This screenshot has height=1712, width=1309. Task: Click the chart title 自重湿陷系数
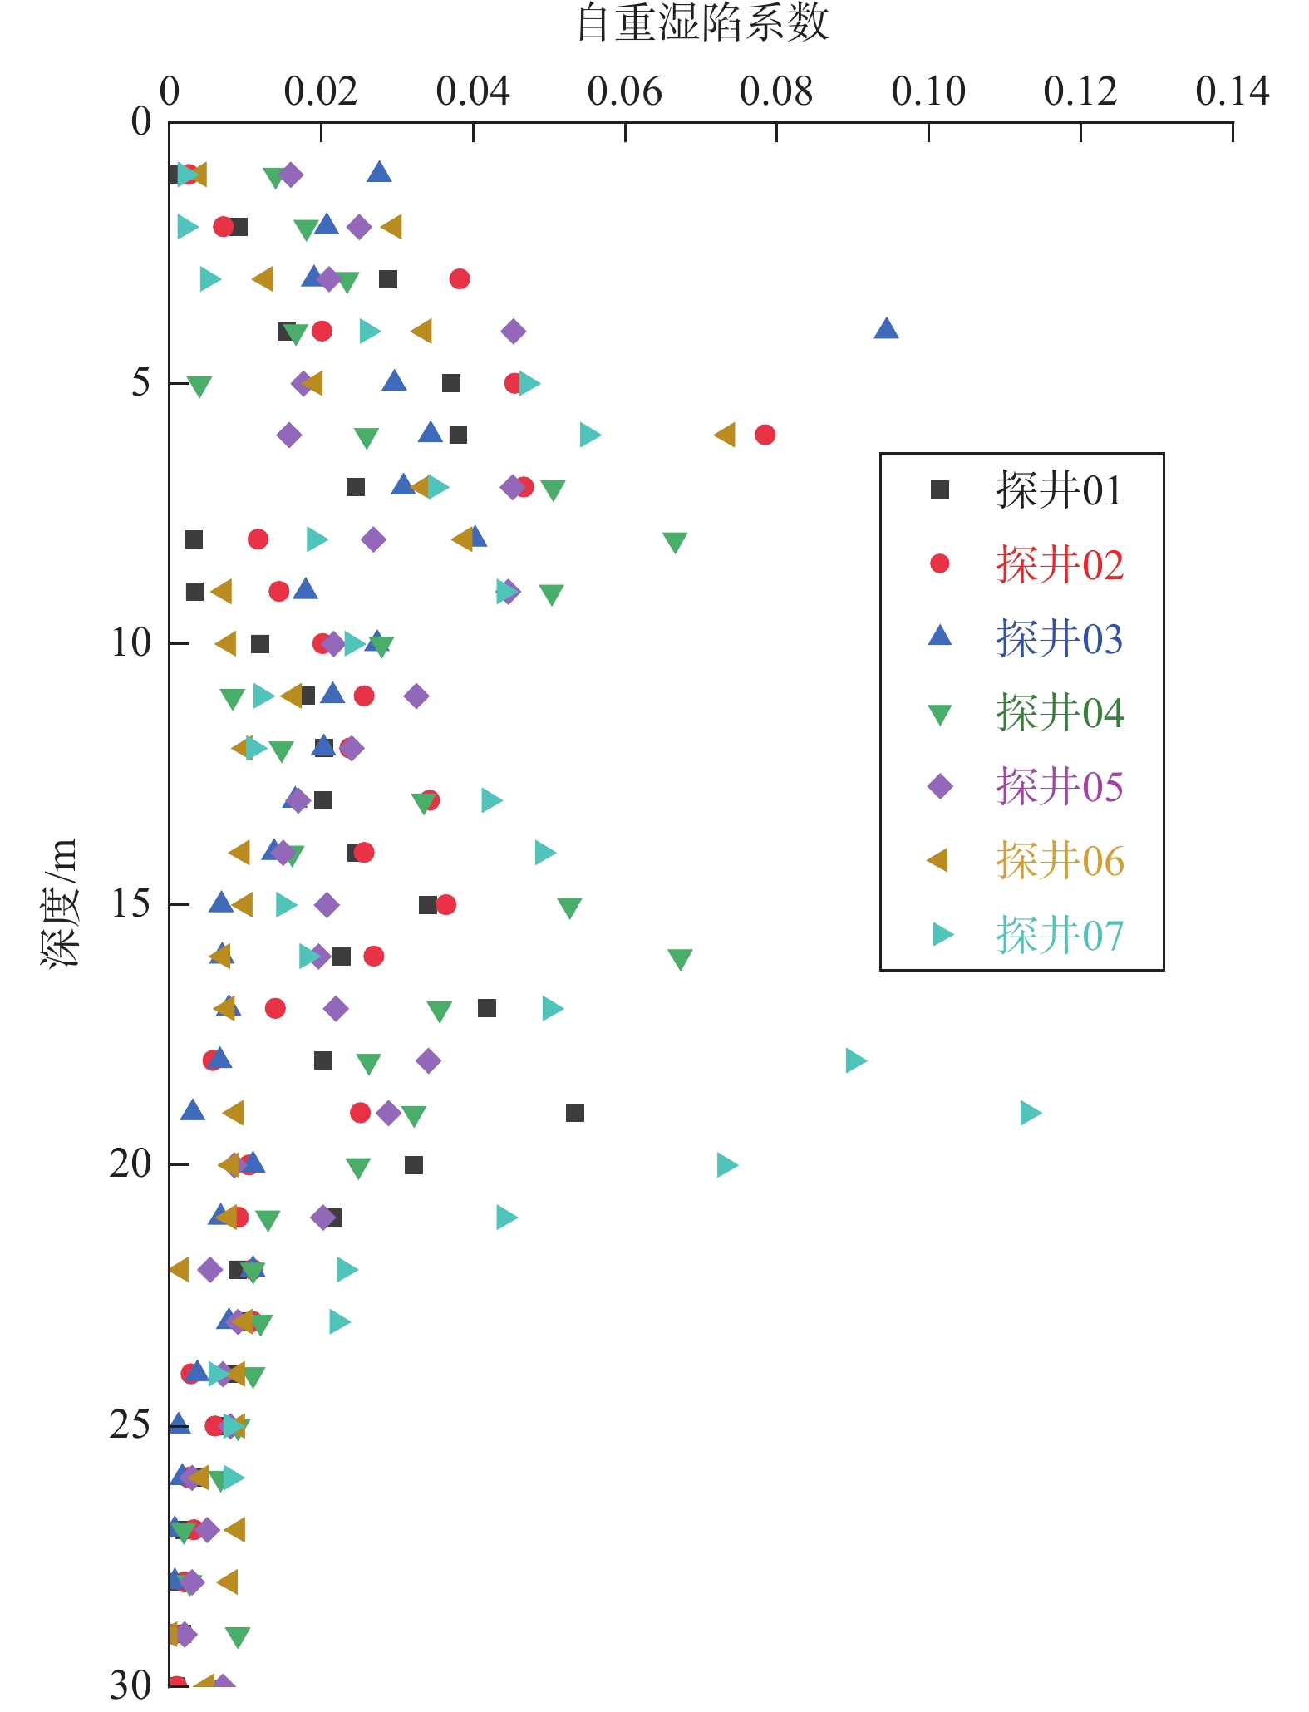click(x=703, y=23)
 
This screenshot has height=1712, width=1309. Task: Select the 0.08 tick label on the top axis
click(x=775, y=91)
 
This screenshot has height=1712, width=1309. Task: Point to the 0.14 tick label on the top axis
click(x=1232, y=91)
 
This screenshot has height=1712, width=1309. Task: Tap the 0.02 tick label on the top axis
click(x=320, y=91)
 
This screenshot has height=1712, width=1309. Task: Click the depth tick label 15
click(x=131, y=903)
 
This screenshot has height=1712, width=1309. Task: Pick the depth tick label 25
click(x=130, y=1424)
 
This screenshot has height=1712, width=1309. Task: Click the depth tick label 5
click(x=140, y=382)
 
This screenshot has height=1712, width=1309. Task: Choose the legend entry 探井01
click(x=1059, y=490)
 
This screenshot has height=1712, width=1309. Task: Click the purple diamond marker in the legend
click(x=940, y=786)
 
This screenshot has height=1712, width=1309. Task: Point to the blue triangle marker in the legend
click(x=940, y=637)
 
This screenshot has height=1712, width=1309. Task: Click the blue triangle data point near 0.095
click(x=886, y=329)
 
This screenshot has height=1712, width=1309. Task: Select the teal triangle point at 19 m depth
click(x=1030, y=1113)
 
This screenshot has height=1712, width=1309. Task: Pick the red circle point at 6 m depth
click(x=765, y=435)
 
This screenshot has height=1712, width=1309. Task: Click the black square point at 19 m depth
click(x=574, y=1113)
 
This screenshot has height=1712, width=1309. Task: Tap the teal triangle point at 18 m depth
click(x=855, y=1060)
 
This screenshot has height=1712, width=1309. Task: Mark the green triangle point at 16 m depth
click(x=680, y=959)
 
